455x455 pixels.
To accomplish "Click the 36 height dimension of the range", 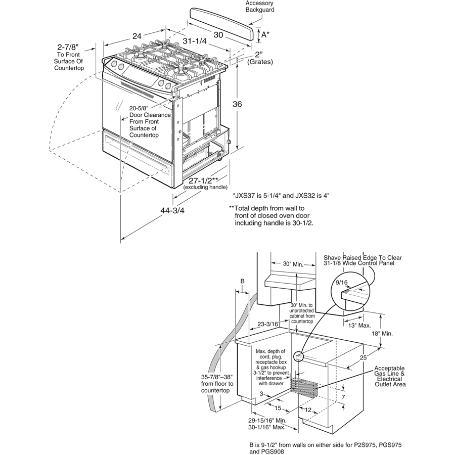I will coord(237,104).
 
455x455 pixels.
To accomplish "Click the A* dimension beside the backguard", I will coord(264,34).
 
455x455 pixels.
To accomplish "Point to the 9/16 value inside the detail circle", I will coord(342,283).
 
